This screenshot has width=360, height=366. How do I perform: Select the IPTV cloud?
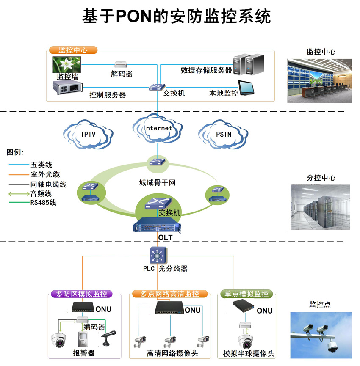pyautogui.click(x=89, y=135)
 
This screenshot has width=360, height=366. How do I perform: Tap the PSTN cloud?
pyautogui.click(x=223, y=135)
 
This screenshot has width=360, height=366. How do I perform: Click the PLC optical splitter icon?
pyautogui.click(x=158, y=256)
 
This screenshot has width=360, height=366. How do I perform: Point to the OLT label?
pyautogui.click(x=165, y=238)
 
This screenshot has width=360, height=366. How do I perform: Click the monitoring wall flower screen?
pyautogui.click(x=67, y=65)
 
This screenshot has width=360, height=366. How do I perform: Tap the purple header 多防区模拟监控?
pyautogui.click(x=81, y=294)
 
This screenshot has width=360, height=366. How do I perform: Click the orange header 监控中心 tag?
pyautogui.click(x=73, y=50)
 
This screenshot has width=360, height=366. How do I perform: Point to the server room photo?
pyautogui.click(x=321, y=207)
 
